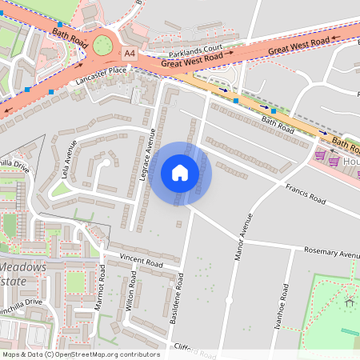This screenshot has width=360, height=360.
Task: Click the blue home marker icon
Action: click(x=180, y=173)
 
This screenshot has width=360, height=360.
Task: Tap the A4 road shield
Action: click(x=129, y=54)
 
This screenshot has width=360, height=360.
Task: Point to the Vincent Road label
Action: click(x=141, y=261)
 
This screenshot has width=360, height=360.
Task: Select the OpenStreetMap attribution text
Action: click(x=80, y=354)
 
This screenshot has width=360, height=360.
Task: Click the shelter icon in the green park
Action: click(x=349, y=302)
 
